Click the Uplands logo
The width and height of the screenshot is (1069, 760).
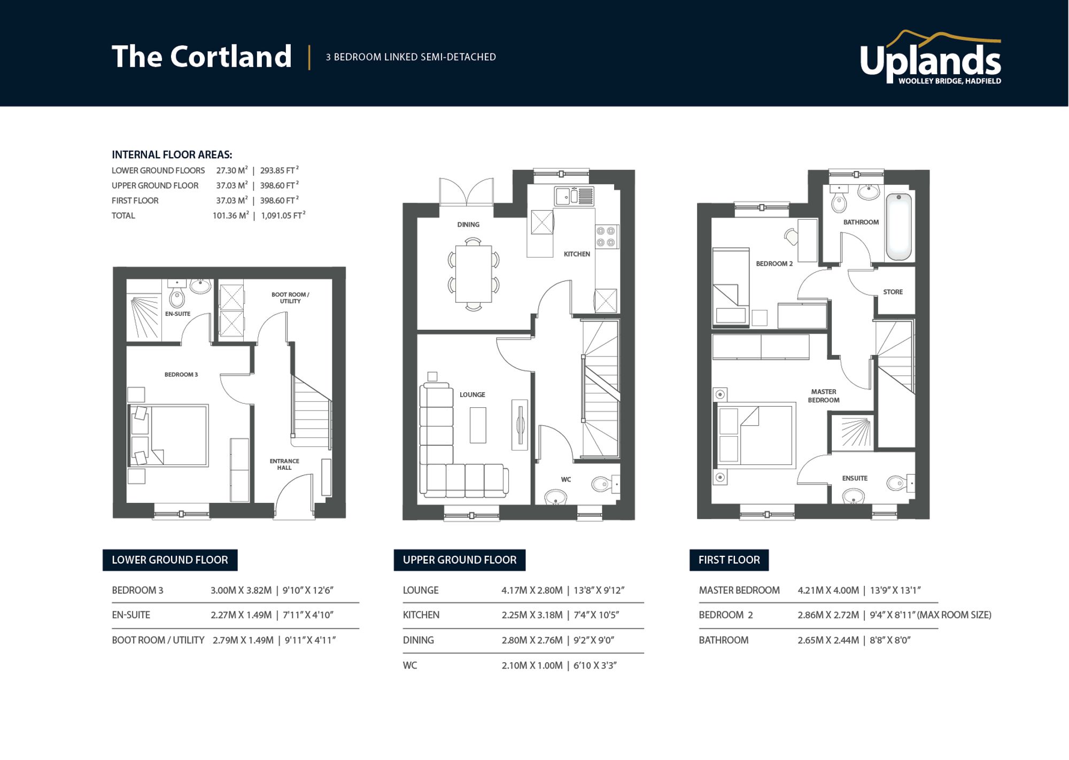(x=930, y=58)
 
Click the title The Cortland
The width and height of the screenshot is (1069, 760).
(x=202, y=57)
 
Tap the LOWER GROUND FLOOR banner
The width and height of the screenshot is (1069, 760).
(x=170, y=560)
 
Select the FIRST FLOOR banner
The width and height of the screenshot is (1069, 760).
(x=729, y=560)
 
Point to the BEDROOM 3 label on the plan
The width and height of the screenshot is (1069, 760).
(x=181, y=375)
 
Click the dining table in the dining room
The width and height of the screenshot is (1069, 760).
(x=474, y=274)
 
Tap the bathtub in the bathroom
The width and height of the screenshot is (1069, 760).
(x=899, y=227)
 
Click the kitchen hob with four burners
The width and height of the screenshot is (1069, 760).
(x=606, y=237)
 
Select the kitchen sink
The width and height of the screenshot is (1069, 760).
(x=574, y=196)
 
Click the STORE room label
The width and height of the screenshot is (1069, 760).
(x=893, y=292)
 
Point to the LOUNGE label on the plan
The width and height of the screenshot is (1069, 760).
(x=472, y=395)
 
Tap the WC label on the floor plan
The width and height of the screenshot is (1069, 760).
(x=566, y=479)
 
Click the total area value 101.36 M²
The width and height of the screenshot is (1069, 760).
(x=230, y=215)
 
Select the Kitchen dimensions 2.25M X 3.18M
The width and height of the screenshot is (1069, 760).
(x=532, y=615)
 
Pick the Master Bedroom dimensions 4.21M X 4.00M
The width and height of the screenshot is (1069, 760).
(x=828, y=591)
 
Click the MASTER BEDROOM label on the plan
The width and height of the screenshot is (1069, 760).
(x=824, y=396)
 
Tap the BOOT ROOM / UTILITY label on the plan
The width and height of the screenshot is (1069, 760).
(x=290, y=298)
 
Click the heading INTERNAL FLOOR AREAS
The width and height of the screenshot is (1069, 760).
(x=172, y=155)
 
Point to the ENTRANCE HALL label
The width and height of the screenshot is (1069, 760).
(x=284, y=464)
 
